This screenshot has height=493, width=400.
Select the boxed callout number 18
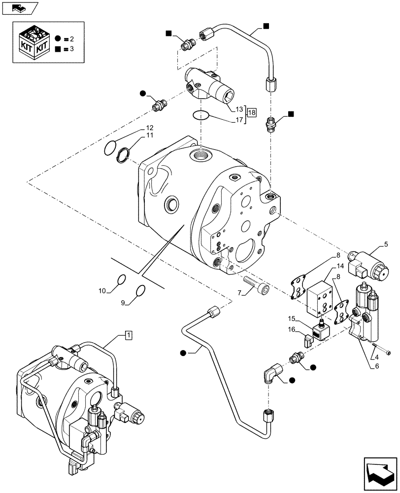(252, 112)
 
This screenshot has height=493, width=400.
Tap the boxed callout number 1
(128, 336)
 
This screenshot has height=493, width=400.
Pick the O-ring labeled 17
(200, 116)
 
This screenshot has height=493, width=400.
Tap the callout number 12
(149, 128)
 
